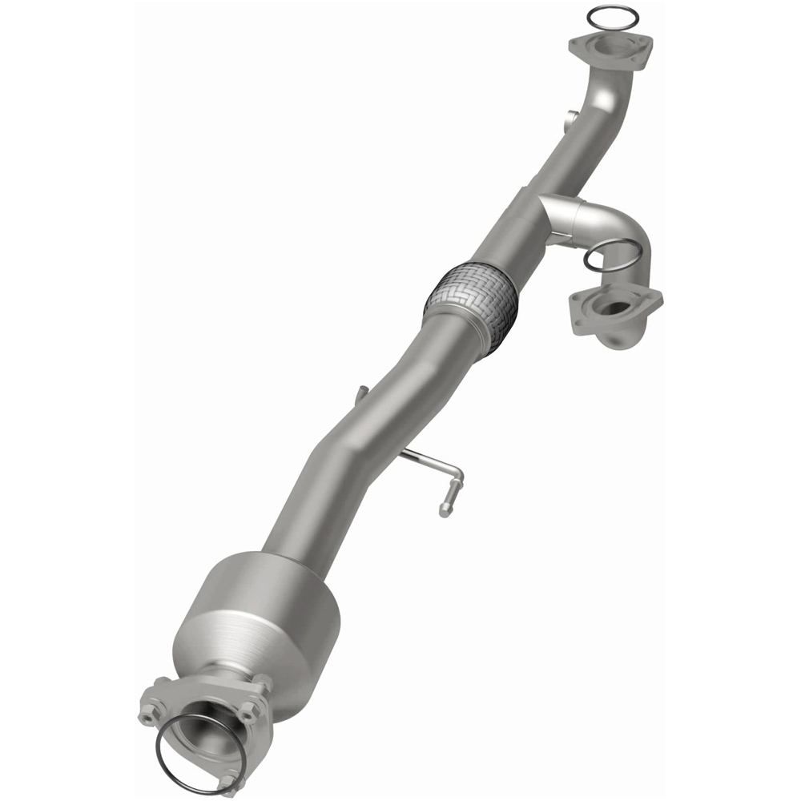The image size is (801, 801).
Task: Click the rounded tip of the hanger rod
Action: (x=443, y=511)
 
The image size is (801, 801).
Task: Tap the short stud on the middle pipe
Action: (x=361, y=392)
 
